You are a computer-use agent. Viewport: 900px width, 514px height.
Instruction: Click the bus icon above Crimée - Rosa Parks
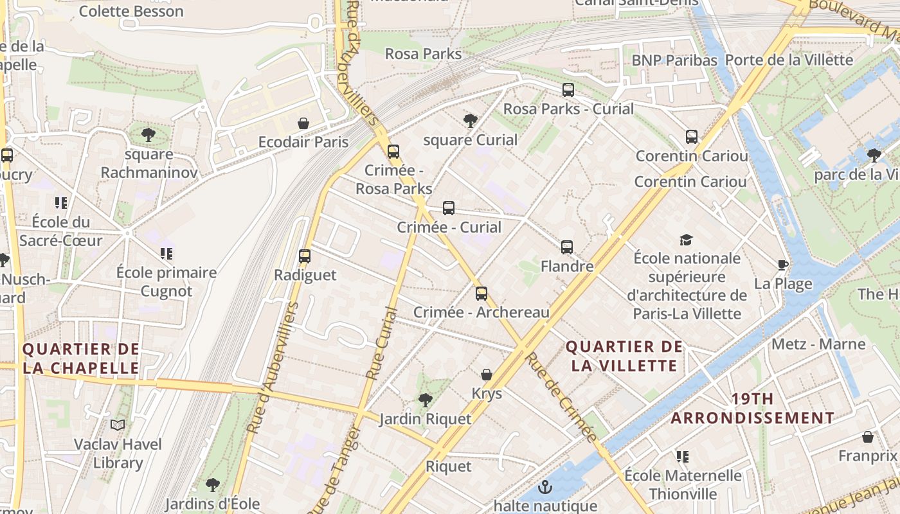(x=393, y=152)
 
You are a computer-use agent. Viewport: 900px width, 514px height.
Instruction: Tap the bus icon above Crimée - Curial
(x=449, y=208)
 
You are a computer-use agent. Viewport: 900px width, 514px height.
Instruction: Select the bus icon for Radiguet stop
(x=305, y=256)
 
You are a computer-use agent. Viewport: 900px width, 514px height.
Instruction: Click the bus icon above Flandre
(x=566, y=247)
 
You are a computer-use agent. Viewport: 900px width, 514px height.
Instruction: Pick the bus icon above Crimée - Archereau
(x=482, y=294)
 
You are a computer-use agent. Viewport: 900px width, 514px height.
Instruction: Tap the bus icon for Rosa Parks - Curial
(x=568, y=90)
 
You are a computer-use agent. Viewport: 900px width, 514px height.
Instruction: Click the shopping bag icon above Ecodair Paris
(x=303, y=123)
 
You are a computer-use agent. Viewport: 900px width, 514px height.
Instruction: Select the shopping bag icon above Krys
(x=487, y=375)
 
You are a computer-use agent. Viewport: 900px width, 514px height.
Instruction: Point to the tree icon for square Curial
(x=471, y=121)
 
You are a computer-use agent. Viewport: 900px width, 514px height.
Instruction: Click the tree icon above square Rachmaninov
(x=148, y=135)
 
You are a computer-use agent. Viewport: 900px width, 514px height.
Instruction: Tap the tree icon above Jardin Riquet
(x=425, y=400)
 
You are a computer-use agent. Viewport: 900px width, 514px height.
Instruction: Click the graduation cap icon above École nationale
(x=687, y=240)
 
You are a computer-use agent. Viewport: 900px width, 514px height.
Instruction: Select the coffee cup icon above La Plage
(x=783, y=265)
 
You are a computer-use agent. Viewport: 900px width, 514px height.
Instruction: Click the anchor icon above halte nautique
(x=545, y=487)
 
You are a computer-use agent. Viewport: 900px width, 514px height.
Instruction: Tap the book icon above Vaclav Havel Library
(x=118, y=425)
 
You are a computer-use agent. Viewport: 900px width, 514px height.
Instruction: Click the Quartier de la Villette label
(x=624, y=357)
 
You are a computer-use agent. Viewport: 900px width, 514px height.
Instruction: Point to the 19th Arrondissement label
(x=752, y=409)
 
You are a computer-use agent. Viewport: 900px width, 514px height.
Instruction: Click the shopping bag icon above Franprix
(x=868, y=438)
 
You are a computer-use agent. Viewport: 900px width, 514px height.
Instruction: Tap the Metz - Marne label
(x=818, y=344)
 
